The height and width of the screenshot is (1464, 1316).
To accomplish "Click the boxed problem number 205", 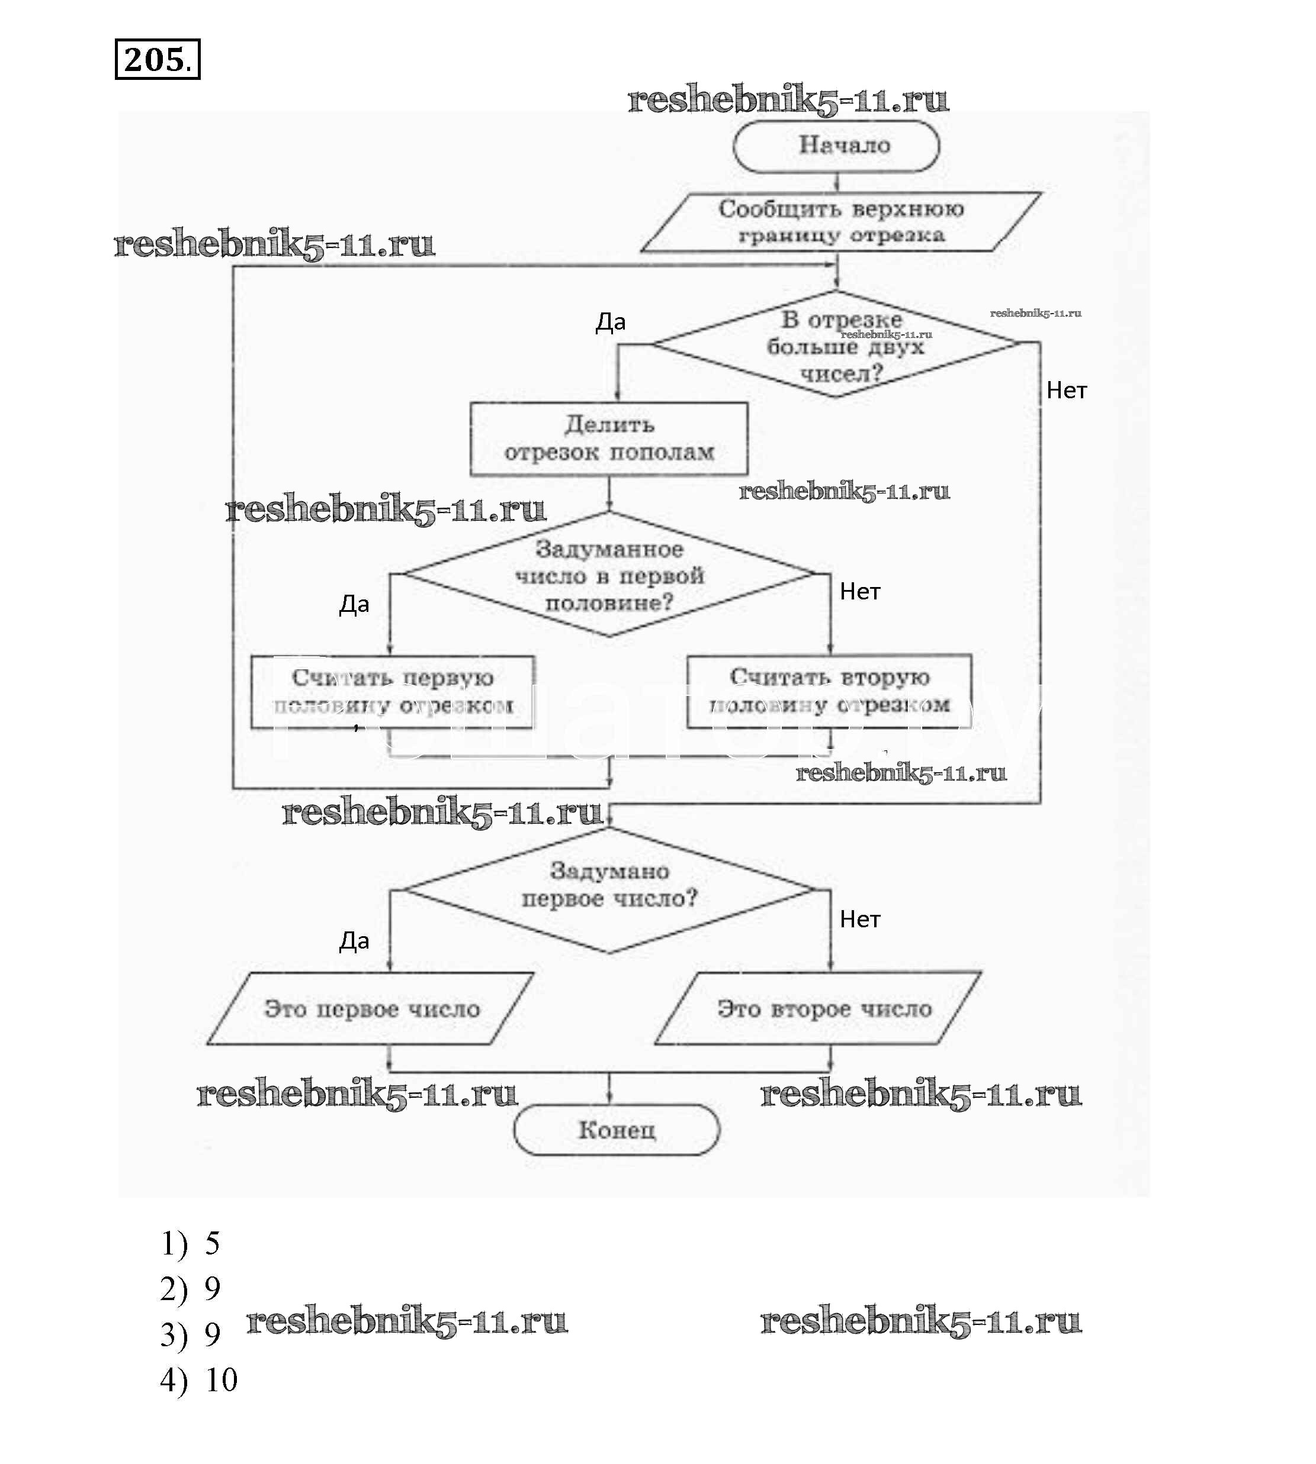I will tap(157, 59).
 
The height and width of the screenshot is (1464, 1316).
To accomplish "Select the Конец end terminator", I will tap(616, 1130).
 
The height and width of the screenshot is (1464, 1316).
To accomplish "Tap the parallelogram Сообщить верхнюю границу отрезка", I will tap(840, 222).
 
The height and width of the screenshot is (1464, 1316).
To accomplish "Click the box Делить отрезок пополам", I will tap(609, 438).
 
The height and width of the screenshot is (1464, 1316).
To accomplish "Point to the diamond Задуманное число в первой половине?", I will tap(609, 575).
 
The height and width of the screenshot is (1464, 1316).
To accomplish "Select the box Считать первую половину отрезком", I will tap(393, 692).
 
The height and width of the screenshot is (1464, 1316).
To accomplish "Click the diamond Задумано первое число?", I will tap(609, 889).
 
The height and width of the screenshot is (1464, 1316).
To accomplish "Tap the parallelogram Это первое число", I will tap(371, 1009).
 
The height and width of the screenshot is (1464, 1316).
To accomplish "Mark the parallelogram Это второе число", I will tap(819, 1009).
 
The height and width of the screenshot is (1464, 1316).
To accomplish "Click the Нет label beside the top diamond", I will tap(1067, 391).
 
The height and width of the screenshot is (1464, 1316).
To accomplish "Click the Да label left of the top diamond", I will tap(610, 323).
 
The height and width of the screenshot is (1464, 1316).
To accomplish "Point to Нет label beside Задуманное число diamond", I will tap(860, 592).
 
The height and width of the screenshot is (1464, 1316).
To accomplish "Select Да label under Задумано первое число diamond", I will tap(354, 941).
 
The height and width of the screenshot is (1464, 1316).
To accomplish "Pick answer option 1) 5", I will tap(190, 1243).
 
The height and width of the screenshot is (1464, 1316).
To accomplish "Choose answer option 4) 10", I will tap(199, 1380).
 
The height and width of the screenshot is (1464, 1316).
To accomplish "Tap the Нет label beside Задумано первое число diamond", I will tap(860, 919).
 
